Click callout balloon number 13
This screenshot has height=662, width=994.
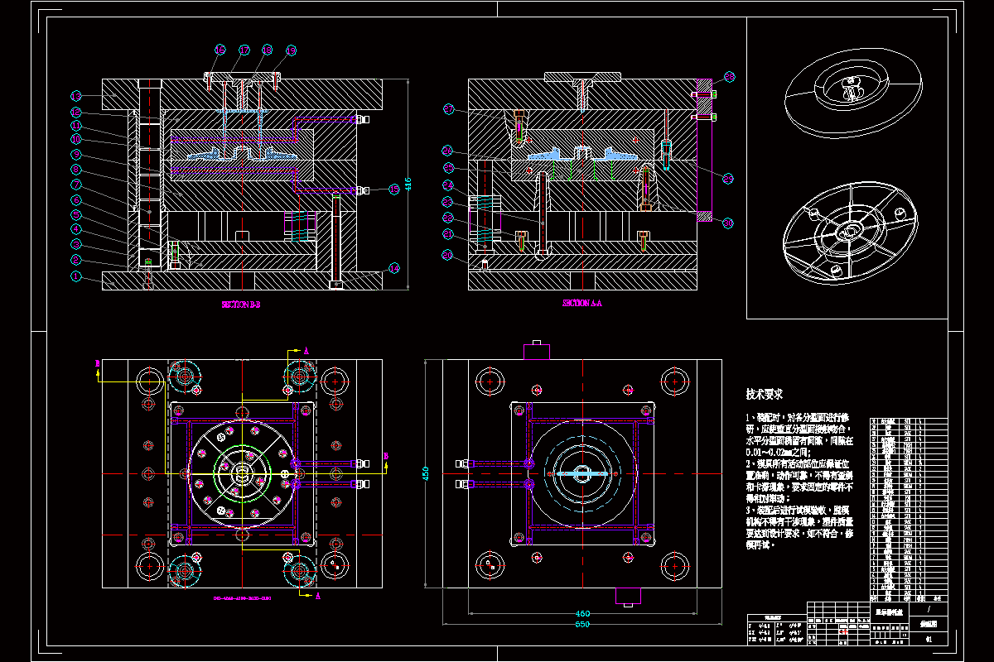tap(75, 96)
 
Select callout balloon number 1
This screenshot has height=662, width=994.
tap(75, 277)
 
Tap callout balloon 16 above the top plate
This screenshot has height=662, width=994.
tap(220, 50)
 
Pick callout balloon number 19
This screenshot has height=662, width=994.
tap(291, 50)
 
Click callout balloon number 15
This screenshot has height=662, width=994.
tap(394, 189)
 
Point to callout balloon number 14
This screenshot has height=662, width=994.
tap(394, 267)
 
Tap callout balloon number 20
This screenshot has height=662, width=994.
tap(448, 256)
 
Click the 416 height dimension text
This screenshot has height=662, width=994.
tap(408, 182)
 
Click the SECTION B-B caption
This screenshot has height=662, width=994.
tap(241, 305)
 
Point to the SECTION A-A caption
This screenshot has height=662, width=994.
tap(581, 304)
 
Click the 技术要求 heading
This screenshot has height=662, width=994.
tap(765, 395)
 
